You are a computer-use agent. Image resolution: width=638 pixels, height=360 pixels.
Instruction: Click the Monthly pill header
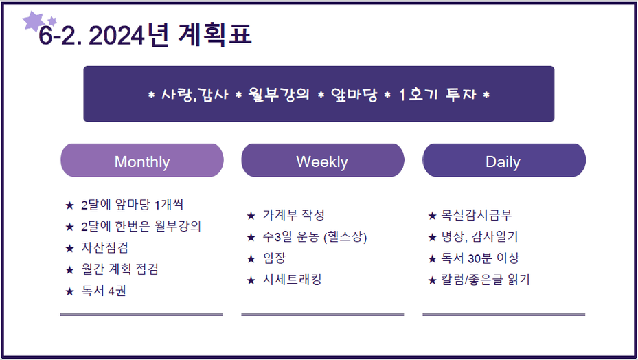click(142, 160)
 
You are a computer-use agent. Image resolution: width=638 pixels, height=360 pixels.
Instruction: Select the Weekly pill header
click(323, 160)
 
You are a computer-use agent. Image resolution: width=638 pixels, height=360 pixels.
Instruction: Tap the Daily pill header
click(503, 160)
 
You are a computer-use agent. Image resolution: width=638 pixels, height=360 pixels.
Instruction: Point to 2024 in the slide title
click(116, 36)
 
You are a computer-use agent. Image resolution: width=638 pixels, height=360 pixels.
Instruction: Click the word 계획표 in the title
click(215, 34)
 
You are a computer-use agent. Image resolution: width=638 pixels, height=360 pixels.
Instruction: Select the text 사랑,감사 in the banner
click(194, 95)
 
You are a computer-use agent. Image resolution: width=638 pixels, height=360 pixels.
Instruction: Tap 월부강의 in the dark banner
click(279, 95)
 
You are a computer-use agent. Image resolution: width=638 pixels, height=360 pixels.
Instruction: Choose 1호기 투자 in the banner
click(437, 95)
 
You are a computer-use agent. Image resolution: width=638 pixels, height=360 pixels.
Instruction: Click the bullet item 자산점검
click(104, 247)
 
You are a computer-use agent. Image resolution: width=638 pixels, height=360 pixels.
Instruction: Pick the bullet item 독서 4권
click(103, 291)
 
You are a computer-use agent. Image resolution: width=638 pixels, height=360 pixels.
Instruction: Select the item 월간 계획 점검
click(119, 269)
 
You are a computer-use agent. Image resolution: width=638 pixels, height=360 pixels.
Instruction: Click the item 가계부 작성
click(293, 214)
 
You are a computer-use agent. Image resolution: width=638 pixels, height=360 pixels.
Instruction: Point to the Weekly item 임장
click(274, 258)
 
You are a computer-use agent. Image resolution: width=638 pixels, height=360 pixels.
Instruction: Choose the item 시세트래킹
click(292, 280)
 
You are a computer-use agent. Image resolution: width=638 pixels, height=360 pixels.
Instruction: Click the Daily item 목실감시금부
click(477, 214)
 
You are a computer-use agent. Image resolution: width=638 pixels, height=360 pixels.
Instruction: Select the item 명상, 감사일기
click(480, 236)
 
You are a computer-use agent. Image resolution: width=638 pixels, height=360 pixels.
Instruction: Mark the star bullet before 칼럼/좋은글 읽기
click(432, 280)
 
